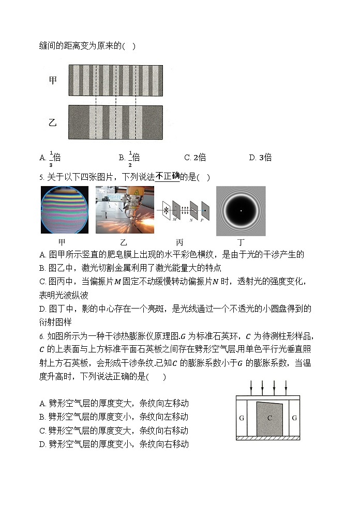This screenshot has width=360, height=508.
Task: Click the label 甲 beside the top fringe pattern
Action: tap(53, 80)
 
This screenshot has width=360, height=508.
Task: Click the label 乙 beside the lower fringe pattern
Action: tap(53, 122)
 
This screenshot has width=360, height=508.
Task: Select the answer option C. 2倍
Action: tap(195, 158)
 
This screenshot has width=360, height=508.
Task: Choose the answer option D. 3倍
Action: tap(260, 158)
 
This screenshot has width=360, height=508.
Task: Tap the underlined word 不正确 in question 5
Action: tap(168, 177)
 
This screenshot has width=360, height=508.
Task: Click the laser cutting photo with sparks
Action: tap(125, 210)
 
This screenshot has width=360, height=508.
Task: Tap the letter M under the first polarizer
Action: tap(175, 219)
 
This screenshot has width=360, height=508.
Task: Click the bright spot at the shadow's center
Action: tap(241, 211)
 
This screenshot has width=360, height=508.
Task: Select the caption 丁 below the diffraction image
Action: tap(241, 242)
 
